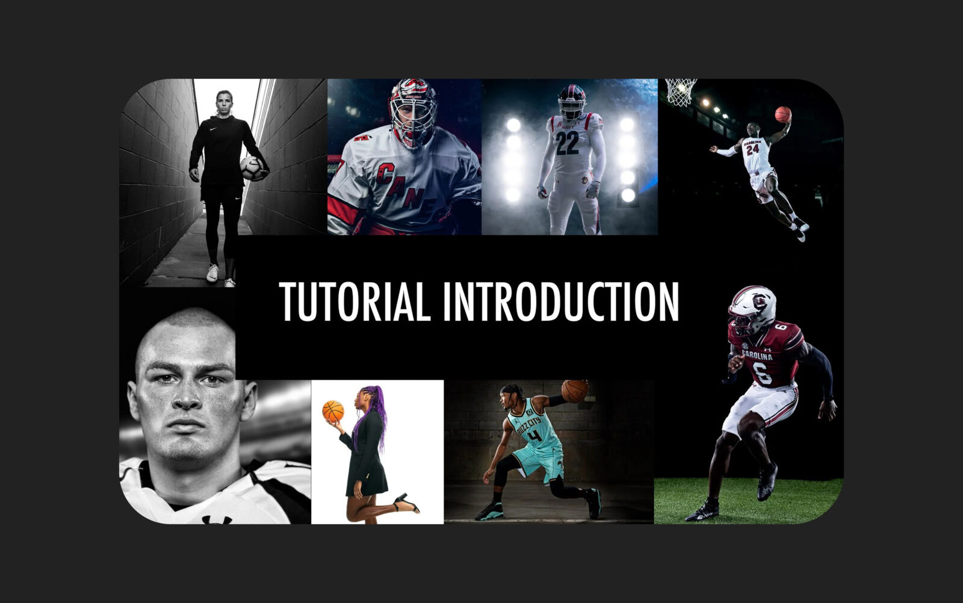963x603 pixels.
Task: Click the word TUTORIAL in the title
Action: tap(355, 301)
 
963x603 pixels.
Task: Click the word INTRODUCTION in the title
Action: tap(561, 301)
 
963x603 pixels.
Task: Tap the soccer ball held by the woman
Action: tap(252, 168)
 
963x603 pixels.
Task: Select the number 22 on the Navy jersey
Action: tap(567, 143)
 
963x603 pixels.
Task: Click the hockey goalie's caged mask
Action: tap(413, 113)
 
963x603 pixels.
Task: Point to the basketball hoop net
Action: tap(681, 91)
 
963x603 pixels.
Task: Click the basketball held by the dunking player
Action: tap(783, 115)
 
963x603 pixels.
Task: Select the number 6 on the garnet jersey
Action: tap(762, 373)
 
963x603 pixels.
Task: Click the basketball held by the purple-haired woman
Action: tap(333, 411)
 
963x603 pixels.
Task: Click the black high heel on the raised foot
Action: tap(406, 503)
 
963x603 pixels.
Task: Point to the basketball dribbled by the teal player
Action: tap(575, 391)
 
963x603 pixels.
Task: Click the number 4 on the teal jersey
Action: tap(534, 436)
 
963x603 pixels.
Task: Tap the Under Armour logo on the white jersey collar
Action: tap(217, 519)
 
